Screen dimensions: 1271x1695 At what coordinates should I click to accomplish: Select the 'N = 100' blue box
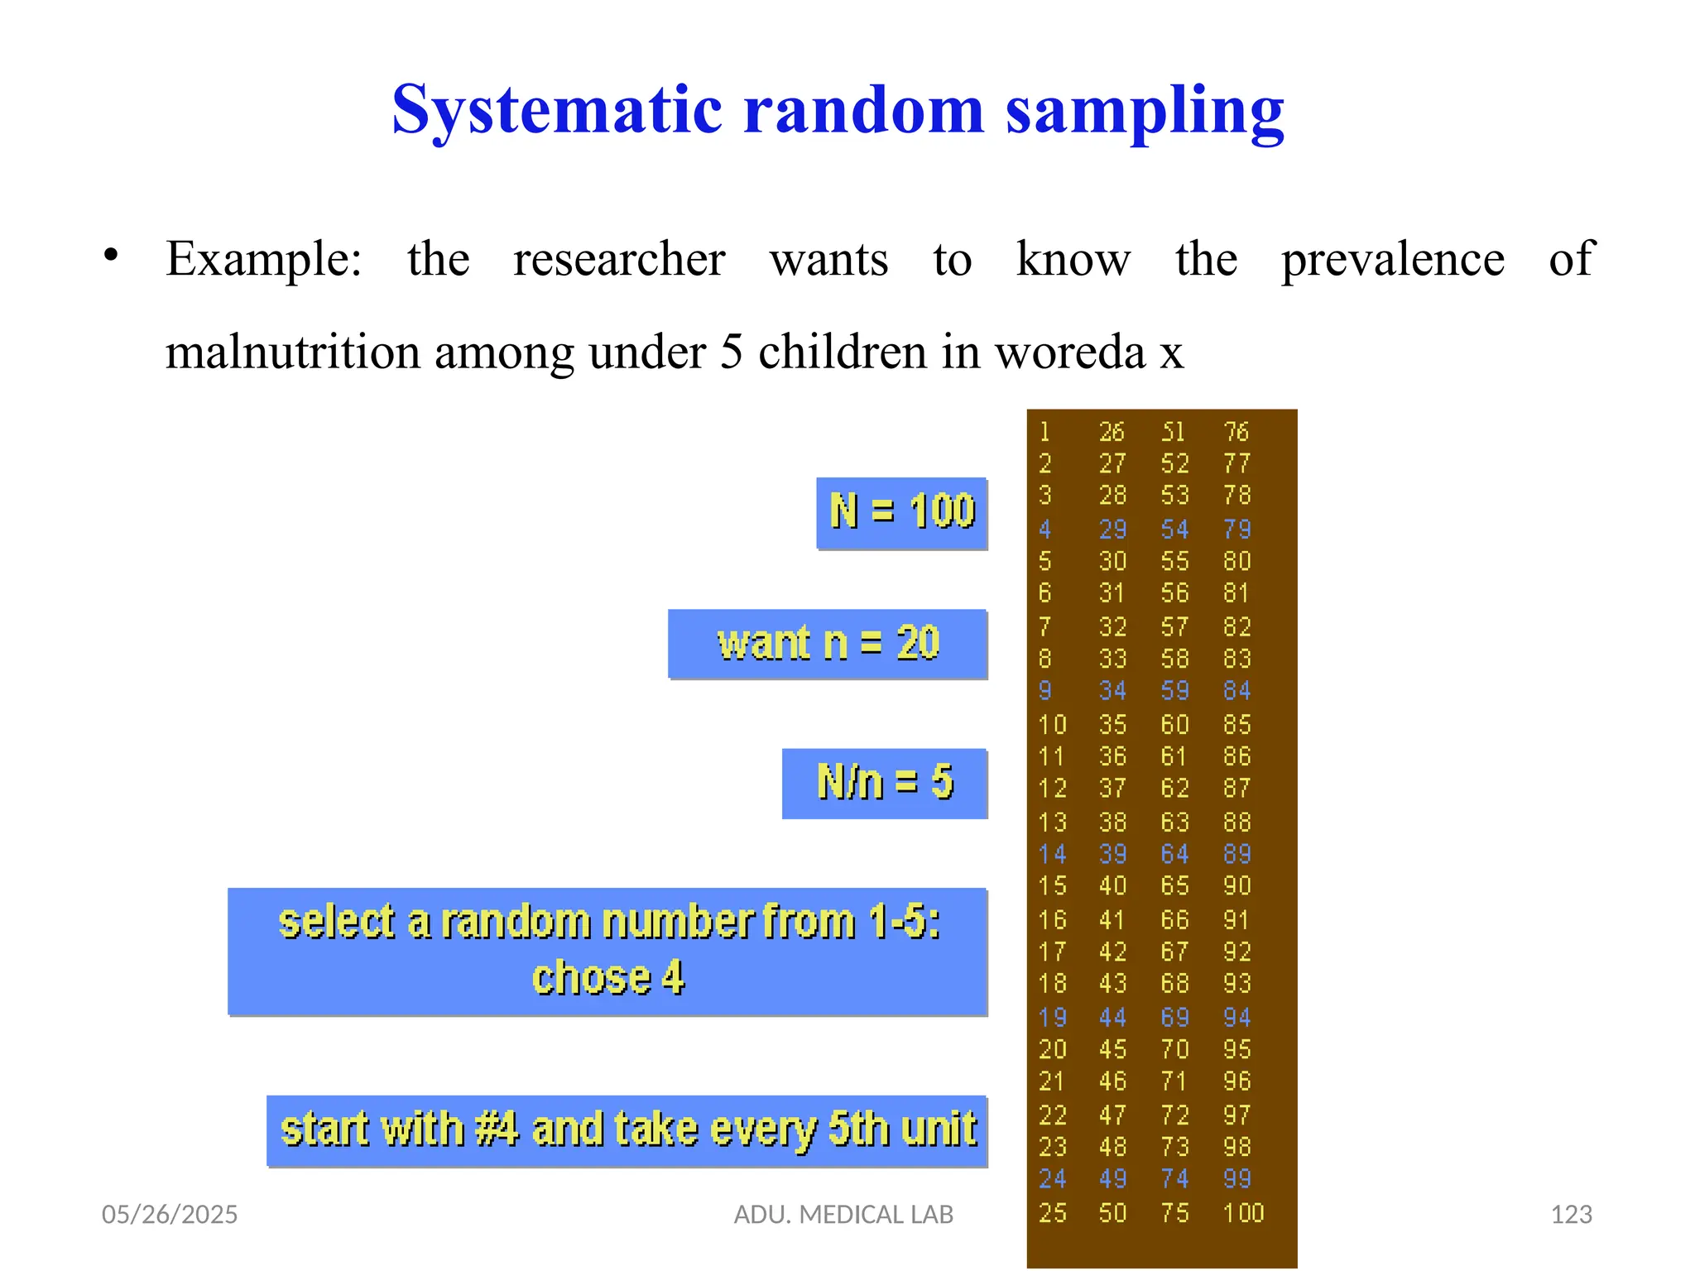pyautogui.click(x=902, y=513)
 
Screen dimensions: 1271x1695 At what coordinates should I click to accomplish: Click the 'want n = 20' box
pyautogui.click(x=828, y=644)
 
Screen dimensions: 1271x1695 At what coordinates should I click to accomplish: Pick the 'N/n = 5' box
pyautogui.click(x=885, y=783)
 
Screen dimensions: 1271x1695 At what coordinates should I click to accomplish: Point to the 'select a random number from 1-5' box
pyautogui.click(x=607, y=951)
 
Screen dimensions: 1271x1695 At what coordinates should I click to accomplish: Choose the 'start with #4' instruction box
pyautogui.click(x=627, y=1130)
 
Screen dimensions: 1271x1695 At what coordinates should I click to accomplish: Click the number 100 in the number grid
pyautogui.click(x=1243, y=1213)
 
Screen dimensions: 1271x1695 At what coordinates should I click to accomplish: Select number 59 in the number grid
pyautogui.click(x=1174, y=691)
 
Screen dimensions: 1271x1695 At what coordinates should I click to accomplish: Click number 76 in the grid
pyautogui.click(x=1236, y=432)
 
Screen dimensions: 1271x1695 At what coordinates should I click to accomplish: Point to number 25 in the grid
pyautogui.click(x=1053, y=1213)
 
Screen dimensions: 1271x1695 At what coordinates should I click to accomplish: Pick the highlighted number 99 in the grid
pyautogui.click(x=1237, y=1179)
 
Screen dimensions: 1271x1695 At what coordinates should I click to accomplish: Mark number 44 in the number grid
pyautogui.click(x=1112, y=1018)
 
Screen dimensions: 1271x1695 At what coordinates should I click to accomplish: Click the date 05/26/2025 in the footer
pyautogui.click(x=170, y=1214)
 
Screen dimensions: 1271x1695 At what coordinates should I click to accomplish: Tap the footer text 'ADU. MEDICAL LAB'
pyautogui.click(x=843, y=1214)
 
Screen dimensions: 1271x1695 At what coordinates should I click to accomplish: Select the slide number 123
pyautogui.click(x=1571, y=1214)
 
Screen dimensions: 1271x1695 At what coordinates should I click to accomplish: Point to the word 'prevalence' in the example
pyautogui.click(x=1393, y=260)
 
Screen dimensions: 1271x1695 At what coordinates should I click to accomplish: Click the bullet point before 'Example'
pyautogui.click(x=112, y=256)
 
